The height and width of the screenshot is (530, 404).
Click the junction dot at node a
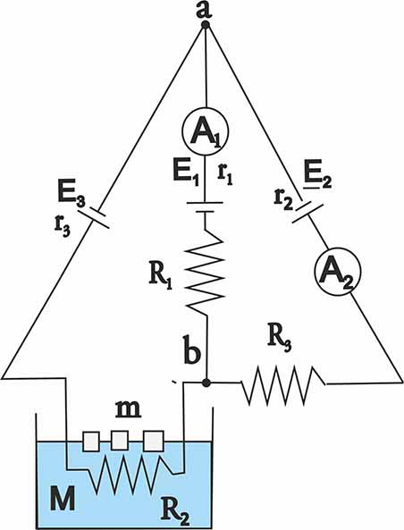(x=206, y=25)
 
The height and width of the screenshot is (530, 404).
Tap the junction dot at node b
(x=206, y=383)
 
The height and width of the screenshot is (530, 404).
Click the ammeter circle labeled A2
(x=337, y=270)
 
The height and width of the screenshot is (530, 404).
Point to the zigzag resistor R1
(x=206, y=272)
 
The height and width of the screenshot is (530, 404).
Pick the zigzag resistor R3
(x=283, y=384)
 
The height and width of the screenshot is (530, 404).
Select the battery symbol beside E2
(x=307, y=212)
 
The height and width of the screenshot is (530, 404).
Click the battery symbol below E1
(x=205, y=207)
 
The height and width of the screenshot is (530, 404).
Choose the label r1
(x=225, y=175)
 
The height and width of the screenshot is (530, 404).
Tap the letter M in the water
(x=63, y=498)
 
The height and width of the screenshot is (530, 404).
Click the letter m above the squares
(x=129, y=409)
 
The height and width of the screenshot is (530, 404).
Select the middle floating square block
(x=120, y=440)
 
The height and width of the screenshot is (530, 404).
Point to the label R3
(x=279, y=341)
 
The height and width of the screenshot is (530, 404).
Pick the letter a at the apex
(x=204, y=10)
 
